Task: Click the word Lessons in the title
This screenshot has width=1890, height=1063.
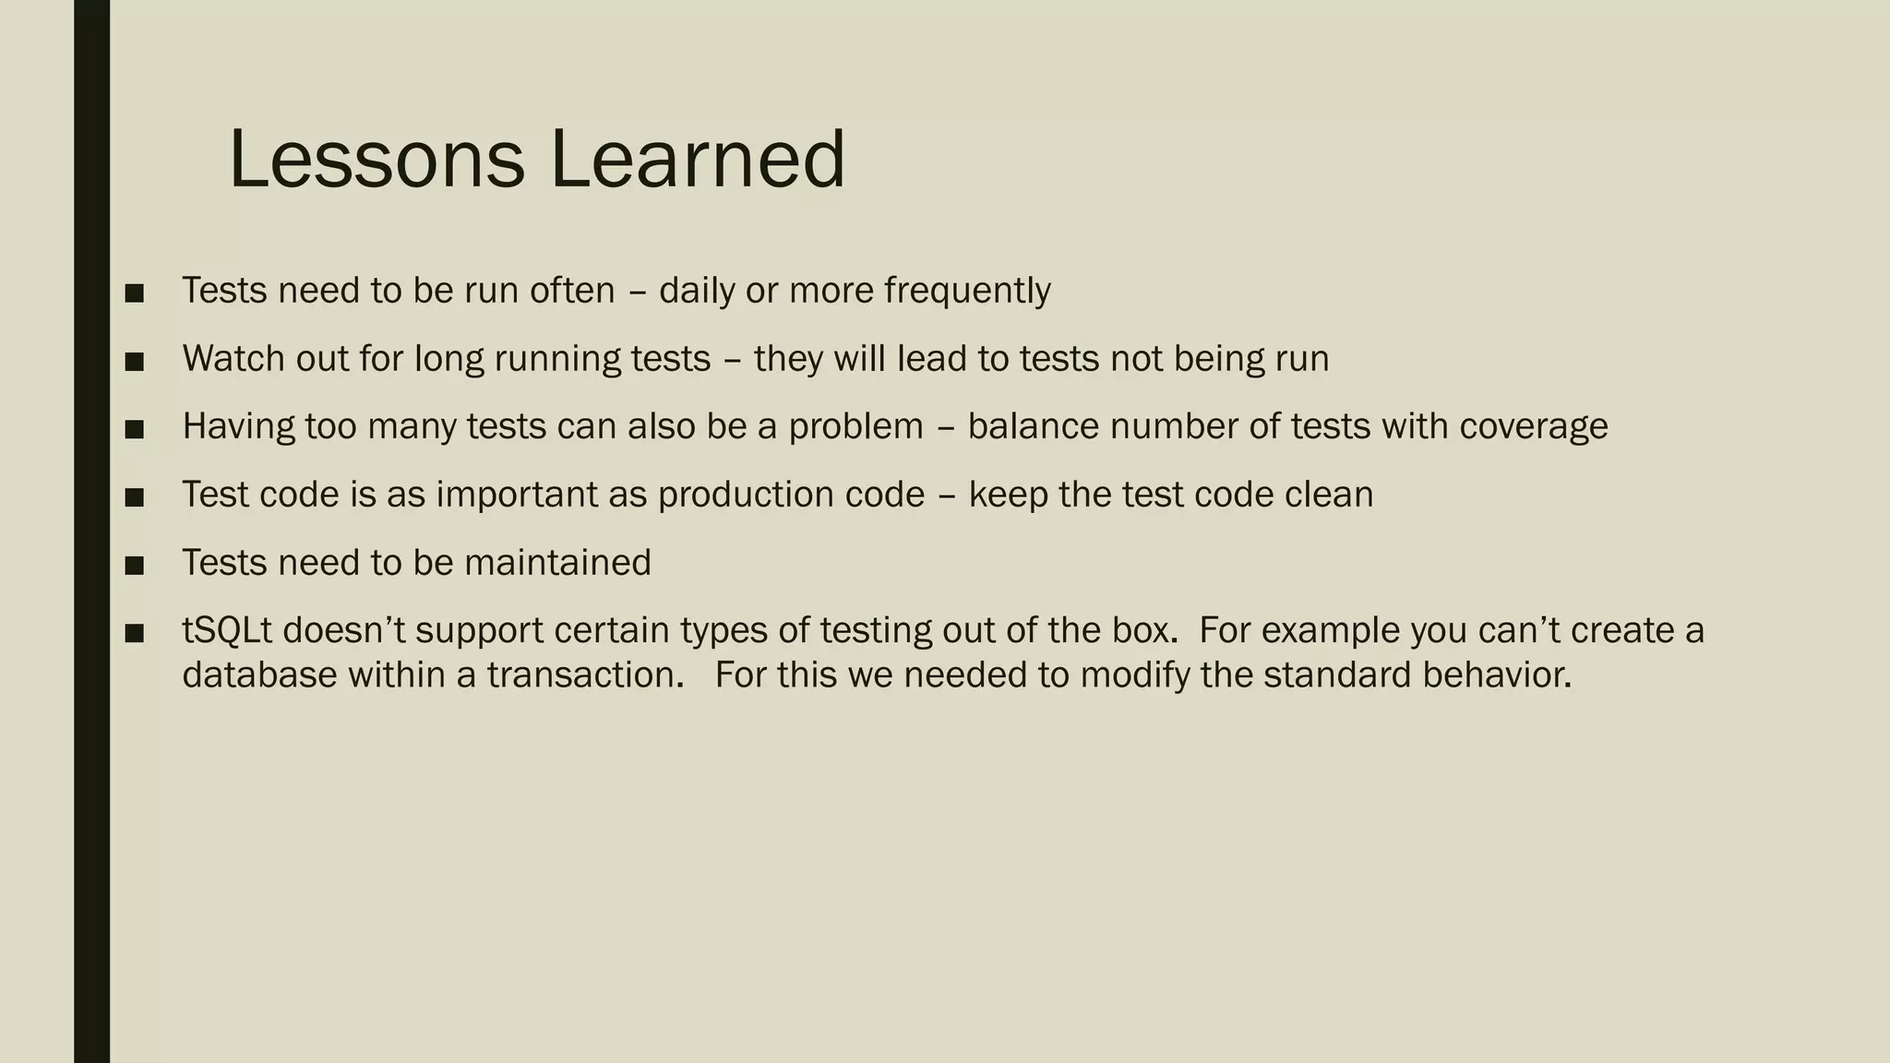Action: point(377,160)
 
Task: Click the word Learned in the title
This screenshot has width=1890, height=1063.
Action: point(698,160)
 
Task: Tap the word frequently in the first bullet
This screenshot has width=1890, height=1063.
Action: point(967,291)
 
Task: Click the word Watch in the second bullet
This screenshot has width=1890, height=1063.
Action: point(233,358)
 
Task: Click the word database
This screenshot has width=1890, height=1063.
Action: point(259,675)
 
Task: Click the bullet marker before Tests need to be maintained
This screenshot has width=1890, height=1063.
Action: point(135,565)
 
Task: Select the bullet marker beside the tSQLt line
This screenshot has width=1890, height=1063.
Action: point(135,633)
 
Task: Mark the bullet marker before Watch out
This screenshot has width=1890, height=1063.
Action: point(135,361)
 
